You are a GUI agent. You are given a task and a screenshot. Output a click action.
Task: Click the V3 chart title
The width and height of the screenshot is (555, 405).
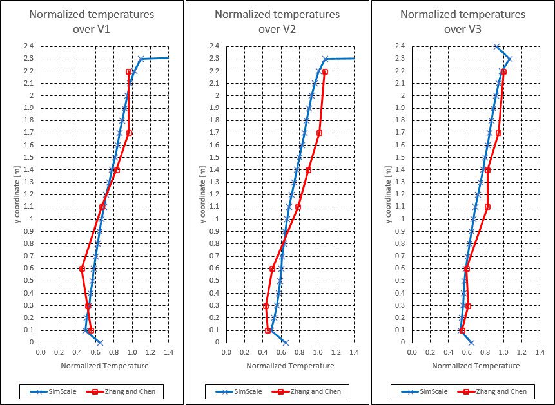[463, 21]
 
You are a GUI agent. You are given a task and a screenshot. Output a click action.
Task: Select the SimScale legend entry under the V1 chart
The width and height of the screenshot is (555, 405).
[57, 391]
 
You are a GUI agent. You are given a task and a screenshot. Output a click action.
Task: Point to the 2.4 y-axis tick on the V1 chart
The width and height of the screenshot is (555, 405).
[29, 46]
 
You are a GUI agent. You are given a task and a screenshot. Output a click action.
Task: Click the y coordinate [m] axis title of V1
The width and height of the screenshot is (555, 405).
[19, 194]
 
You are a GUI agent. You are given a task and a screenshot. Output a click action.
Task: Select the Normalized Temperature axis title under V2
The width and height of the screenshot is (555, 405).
[290, 366]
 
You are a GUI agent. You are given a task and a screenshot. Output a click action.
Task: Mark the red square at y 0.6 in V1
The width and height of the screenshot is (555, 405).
[82, 268]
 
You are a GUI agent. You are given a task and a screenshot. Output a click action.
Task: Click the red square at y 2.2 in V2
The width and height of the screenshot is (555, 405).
[325, 71]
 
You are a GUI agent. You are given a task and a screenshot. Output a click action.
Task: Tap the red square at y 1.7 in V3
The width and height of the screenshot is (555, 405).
[498, 133]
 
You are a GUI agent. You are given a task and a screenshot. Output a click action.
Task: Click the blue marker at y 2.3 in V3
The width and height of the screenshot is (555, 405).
[509, 59]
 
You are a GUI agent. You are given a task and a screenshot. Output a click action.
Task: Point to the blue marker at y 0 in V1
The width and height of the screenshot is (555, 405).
[100, 343]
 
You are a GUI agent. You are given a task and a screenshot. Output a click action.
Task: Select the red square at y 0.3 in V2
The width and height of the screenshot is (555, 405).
[266, 306]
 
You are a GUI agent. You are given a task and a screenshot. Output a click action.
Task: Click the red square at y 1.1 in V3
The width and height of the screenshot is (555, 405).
[487, 207]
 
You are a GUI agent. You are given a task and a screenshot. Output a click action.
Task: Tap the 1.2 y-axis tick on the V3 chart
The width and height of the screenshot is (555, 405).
[400, 194]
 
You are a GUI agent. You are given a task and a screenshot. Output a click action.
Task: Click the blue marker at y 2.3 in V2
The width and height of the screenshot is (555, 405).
[326, 59]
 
